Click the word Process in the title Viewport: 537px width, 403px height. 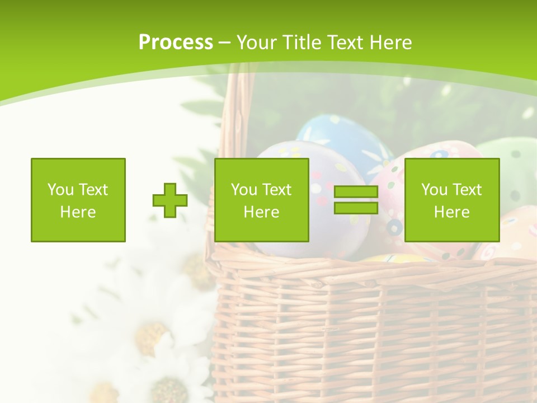click(176, 43)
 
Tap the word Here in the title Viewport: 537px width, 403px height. click(390, 43)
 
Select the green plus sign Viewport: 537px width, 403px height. click(170, 200)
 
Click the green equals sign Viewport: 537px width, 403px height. click(356, 200)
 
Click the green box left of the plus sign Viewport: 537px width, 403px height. click(78, 200)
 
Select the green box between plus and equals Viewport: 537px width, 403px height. click(262, 200)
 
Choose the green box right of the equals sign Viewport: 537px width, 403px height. click(452, 200)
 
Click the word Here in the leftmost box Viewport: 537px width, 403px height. click(78, 212)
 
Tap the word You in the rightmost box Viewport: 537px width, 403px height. click(434, 190)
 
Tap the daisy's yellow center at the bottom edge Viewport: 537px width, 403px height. click(171, 390)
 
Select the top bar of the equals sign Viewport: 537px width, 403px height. click(356, 192)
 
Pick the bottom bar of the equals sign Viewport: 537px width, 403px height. click(356, 208)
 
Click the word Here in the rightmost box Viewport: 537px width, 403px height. click(452, 212)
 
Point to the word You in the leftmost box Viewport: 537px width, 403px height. click(60, 190)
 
